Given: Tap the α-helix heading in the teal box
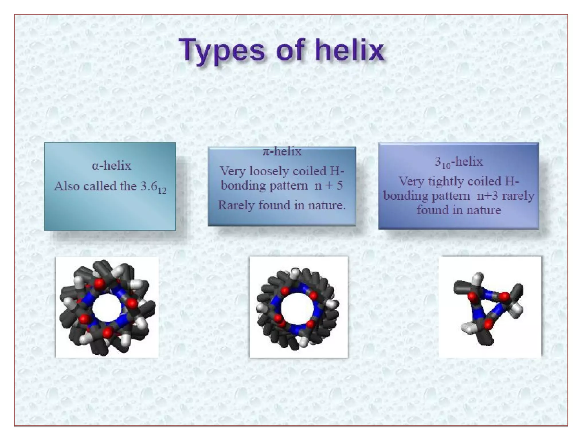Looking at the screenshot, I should tap(111, 166).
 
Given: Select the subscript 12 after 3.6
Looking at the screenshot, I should tap(162, 190).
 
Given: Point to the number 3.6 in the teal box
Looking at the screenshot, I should tap(149, 186).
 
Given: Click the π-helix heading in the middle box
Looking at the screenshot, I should tap(282, 151).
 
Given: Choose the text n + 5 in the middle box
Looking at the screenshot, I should tap(328, 185).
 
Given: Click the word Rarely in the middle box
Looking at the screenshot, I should tap(236, 205).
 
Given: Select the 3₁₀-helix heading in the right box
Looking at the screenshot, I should tap(459, 162).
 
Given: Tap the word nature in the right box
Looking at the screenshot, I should tap(484, 210).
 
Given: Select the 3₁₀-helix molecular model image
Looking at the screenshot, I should tap(490, 307).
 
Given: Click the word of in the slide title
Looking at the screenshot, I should tap(290, 51).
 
